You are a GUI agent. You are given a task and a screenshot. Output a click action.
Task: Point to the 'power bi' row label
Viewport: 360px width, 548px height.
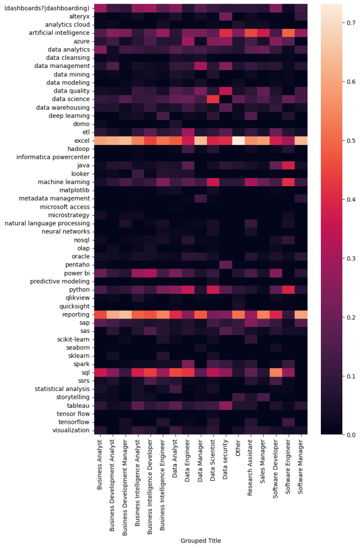click(76, 272)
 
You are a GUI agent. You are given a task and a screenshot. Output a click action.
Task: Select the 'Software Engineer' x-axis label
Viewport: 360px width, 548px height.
click(289, 471)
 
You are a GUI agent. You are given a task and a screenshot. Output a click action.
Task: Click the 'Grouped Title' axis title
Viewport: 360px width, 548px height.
click(201, 541)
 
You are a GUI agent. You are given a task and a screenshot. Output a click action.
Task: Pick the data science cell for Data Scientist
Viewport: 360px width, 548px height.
click(212, 98)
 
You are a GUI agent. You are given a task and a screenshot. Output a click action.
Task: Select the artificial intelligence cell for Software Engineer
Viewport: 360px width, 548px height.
click(289, 33)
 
